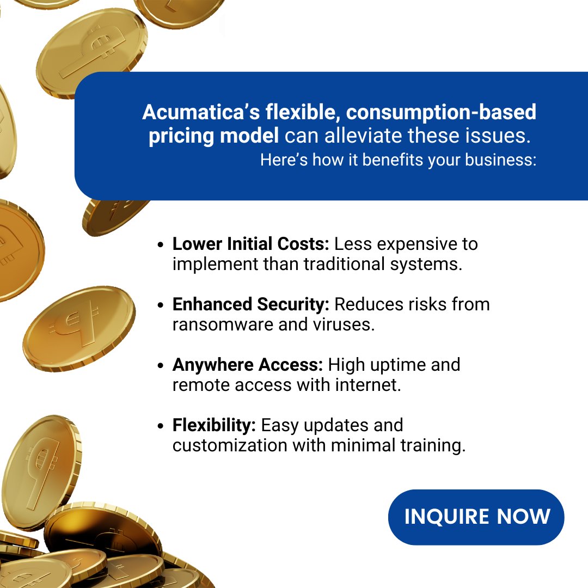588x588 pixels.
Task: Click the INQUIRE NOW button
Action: click(x=476, y=517)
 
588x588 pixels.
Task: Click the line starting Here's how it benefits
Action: click(x=398, y=160)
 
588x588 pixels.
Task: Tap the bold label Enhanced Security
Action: click(x=251, y=304)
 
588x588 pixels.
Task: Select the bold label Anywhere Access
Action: click(x=248, y=364)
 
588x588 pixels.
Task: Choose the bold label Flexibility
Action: click(x=214, y=425)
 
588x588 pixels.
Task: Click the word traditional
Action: click(x=351, y=264)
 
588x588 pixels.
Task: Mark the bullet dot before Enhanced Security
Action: click(x=161, y=305)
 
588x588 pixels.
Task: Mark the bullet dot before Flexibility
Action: click(x=161, y=426)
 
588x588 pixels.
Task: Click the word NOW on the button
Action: click(x=523, y=517)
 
